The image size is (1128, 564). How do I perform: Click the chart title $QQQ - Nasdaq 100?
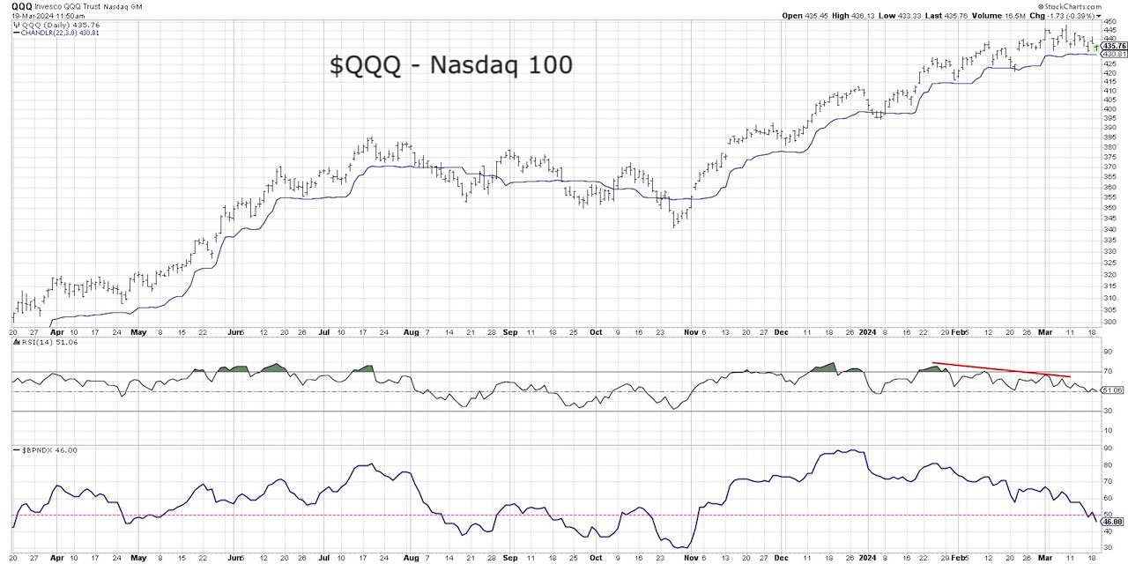pos(451,64)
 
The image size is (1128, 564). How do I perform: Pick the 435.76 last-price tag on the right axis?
pos(1112,46)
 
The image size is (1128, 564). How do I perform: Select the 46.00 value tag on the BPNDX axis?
pos(1112,521)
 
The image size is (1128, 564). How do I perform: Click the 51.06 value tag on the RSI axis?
pos(1111,390)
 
